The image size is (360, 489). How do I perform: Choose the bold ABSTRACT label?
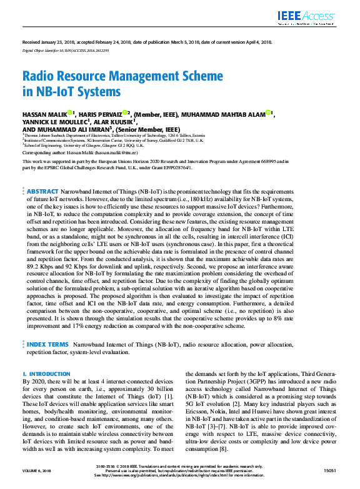(42, 190)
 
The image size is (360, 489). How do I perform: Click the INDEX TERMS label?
(47, 344)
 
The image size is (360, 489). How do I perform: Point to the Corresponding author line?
(79, 152)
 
